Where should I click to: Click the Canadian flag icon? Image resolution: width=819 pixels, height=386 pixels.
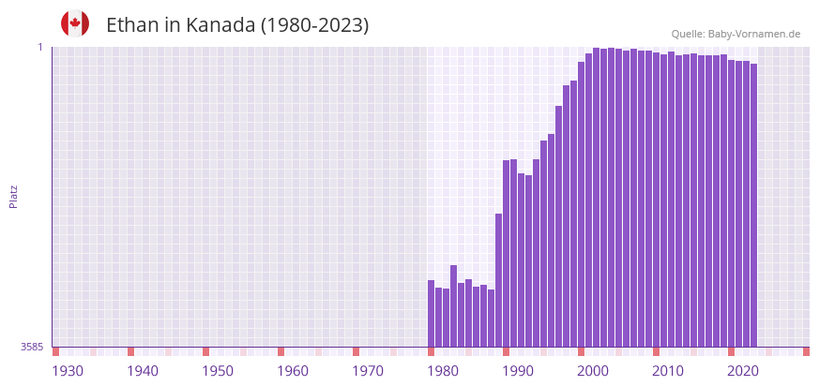click(75, 23)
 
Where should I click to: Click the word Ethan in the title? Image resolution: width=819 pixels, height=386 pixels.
click(132, 25)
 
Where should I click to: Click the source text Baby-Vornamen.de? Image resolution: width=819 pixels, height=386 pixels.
click(753, 34)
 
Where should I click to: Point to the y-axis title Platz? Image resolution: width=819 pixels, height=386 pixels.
click(13, 196)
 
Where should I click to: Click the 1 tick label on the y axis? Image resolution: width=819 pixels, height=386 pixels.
click(40, 47)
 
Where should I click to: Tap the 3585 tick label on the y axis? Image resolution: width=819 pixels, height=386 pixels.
click(32, 347)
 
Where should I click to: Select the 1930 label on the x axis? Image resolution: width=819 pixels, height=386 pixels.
click(68, 371)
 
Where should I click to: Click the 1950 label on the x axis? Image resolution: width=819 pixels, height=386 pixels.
click(218, 371)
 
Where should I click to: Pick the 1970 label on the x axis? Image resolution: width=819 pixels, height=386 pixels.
click(368, 371)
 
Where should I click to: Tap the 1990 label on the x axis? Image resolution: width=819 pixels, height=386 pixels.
click(518, 371)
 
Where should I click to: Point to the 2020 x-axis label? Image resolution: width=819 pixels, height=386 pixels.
click(743, 371)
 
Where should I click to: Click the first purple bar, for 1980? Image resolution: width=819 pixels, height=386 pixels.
click(432, 314)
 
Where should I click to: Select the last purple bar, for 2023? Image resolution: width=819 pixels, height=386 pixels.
click(753, 205)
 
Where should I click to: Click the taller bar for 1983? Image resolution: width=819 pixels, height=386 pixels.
click(454, 305)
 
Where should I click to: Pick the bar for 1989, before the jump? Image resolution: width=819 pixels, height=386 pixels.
click(499, 280)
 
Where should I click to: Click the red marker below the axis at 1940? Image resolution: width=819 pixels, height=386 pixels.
click(131, 351)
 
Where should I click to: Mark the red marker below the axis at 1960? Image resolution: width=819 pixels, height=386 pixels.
click(281, 351)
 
